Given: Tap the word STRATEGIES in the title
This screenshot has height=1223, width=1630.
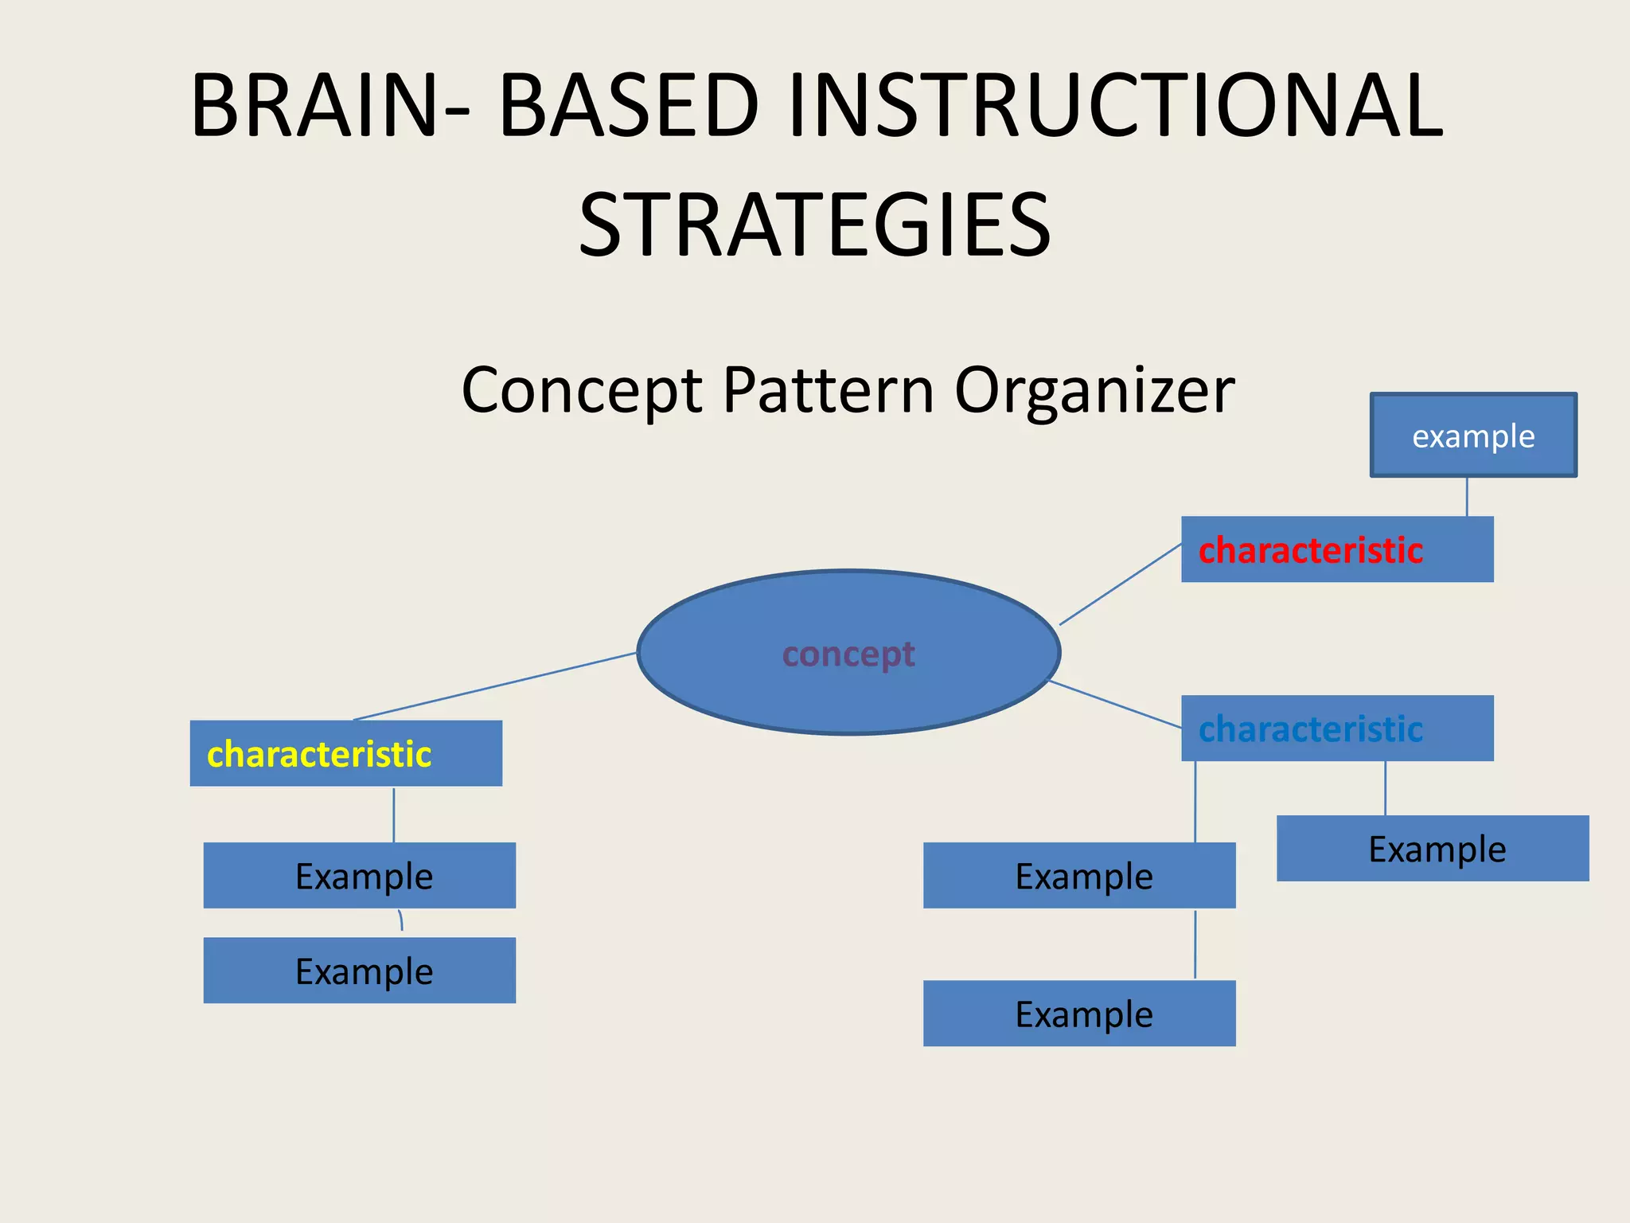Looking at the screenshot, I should click(x=814, y=225).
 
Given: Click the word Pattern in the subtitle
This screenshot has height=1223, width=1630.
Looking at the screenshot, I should click(x=828, y=390).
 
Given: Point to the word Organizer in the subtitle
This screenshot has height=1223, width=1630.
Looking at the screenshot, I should click(x=1094, y=390).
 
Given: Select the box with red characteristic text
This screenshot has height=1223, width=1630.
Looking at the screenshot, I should click(x=1337, y=549).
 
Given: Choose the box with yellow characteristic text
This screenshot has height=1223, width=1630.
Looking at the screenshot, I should click(x=345, y=753).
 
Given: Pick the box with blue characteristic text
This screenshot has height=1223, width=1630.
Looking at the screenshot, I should click(x=1337, y=729).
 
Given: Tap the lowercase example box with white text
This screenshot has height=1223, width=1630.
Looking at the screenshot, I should click(x=1473, y=436).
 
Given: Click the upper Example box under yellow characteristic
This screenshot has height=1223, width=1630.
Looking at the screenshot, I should click(x=360, y=876).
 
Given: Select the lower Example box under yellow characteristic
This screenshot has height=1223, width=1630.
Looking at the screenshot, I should click(x=360, y=971).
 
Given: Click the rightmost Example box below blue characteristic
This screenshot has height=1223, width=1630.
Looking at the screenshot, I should click(x=1433, y=849).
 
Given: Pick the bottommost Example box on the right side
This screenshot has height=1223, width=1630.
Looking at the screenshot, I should click(x=1079, y=1014).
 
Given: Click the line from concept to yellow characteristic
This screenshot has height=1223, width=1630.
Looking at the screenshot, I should click(x=493, y=686).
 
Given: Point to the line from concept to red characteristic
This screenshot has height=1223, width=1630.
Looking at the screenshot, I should click(x=1121, y=584).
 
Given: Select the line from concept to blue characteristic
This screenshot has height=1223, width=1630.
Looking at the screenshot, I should click(x=1114, y=704).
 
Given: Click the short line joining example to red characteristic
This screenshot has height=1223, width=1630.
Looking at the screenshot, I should click(x=1467, y=497).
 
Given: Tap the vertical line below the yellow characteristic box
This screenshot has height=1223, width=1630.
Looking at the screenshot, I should click(x=394, y=815).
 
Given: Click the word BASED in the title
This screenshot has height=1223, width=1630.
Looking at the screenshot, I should click(x=629, y=106).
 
